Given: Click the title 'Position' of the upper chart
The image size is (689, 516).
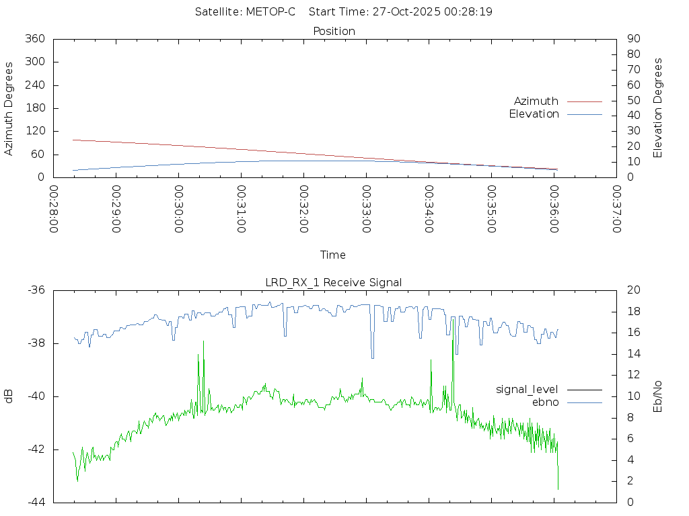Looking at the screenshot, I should (x=334, y=31).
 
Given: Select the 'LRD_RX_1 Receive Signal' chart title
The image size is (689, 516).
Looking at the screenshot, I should (x=334, y=282).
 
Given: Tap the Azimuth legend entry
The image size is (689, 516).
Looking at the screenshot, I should (x=536, y=101).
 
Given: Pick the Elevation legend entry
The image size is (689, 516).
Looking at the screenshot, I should (x=534, y=114).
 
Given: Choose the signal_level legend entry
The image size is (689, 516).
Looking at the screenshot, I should (x=528, y=389).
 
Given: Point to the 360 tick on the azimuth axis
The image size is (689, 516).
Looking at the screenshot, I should (x=34, y=39).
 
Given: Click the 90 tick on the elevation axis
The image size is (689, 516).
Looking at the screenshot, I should (x=632, y=39).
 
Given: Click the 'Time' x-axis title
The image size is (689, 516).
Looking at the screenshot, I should (x=333, y=255).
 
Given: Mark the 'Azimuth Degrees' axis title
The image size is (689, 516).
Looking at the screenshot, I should (x=9, y=108).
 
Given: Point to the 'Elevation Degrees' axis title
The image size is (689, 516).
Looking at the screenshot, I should (x=658, y=108).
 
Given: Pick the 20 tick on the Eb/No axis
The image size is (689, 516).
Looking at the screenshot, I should (x=632, y=290).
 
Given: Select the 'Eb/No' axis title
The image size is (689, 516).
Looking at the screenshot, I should (x=658, y=396).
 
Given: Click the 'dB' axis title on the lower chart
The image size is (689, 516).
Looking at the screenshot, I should (x=9, y=396).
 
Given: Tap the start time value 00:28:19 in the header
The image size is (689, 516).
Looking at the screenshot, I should (x=468, y=12).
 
